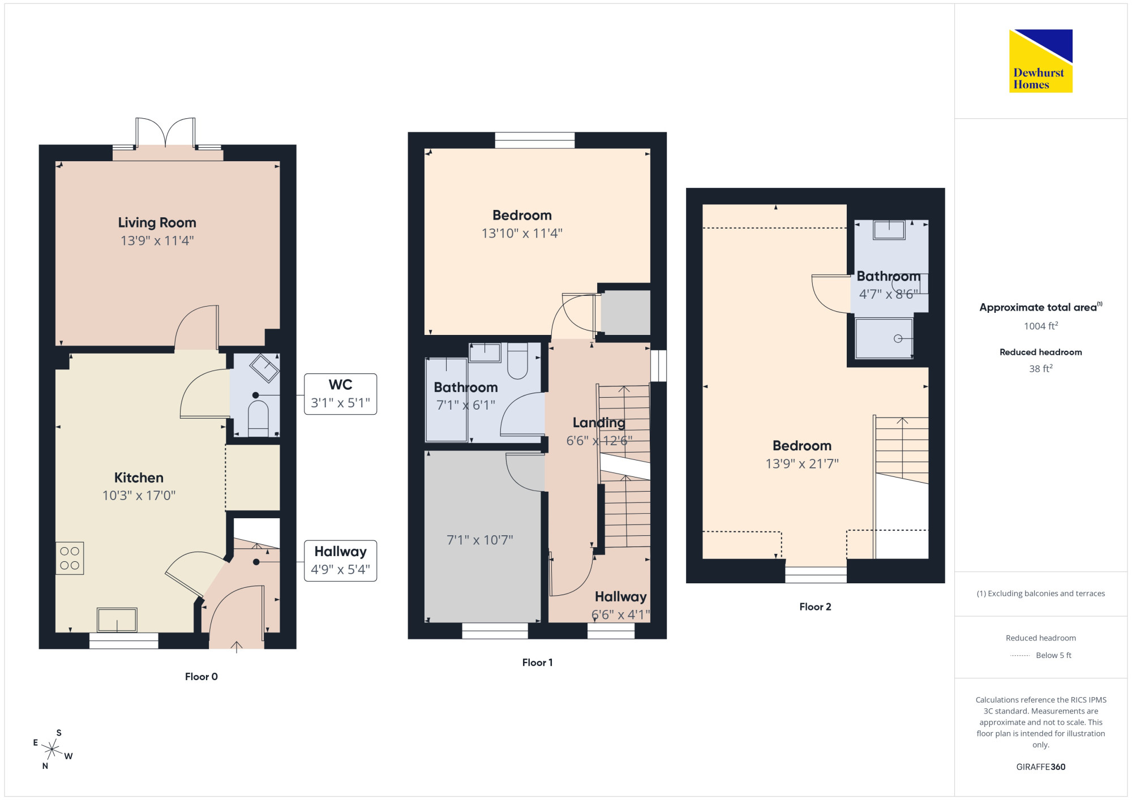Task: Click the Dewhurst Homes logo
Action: [1040, 61]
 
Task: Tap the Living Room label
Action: [157, 222]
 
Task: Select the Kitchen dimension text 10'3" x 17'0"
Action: [139, 496]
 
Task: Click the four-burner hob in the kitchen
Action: [70, 558]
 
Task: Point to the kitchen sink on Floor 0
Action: [117, 620]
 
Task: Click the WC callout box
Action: [341, 394]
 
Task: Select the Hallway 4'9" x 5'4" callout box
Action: [341, 561]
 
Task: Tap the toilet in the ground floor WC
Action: [258, 418]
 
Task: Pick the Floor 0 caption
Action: [201, 677]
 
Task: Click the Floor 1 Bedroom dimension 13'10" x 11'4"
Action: [522, 233]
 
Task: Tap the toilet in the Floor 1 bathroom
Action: [517, 360]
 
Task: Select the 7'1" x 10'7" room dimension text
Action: [480, 540]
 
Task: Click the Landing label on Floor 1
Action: [599, 423]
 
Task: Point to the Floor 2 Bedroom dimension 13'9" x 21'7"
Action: [802, 464]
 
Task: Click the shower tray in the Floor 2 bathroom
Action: [884, 338]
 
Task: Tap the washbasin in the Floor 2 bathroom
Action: [889, 230]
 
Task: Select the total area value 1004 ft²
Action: [1041, 326]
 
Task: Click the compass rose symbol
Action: [52, 750]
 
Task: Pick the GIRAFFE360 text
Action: [1041, 767]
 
